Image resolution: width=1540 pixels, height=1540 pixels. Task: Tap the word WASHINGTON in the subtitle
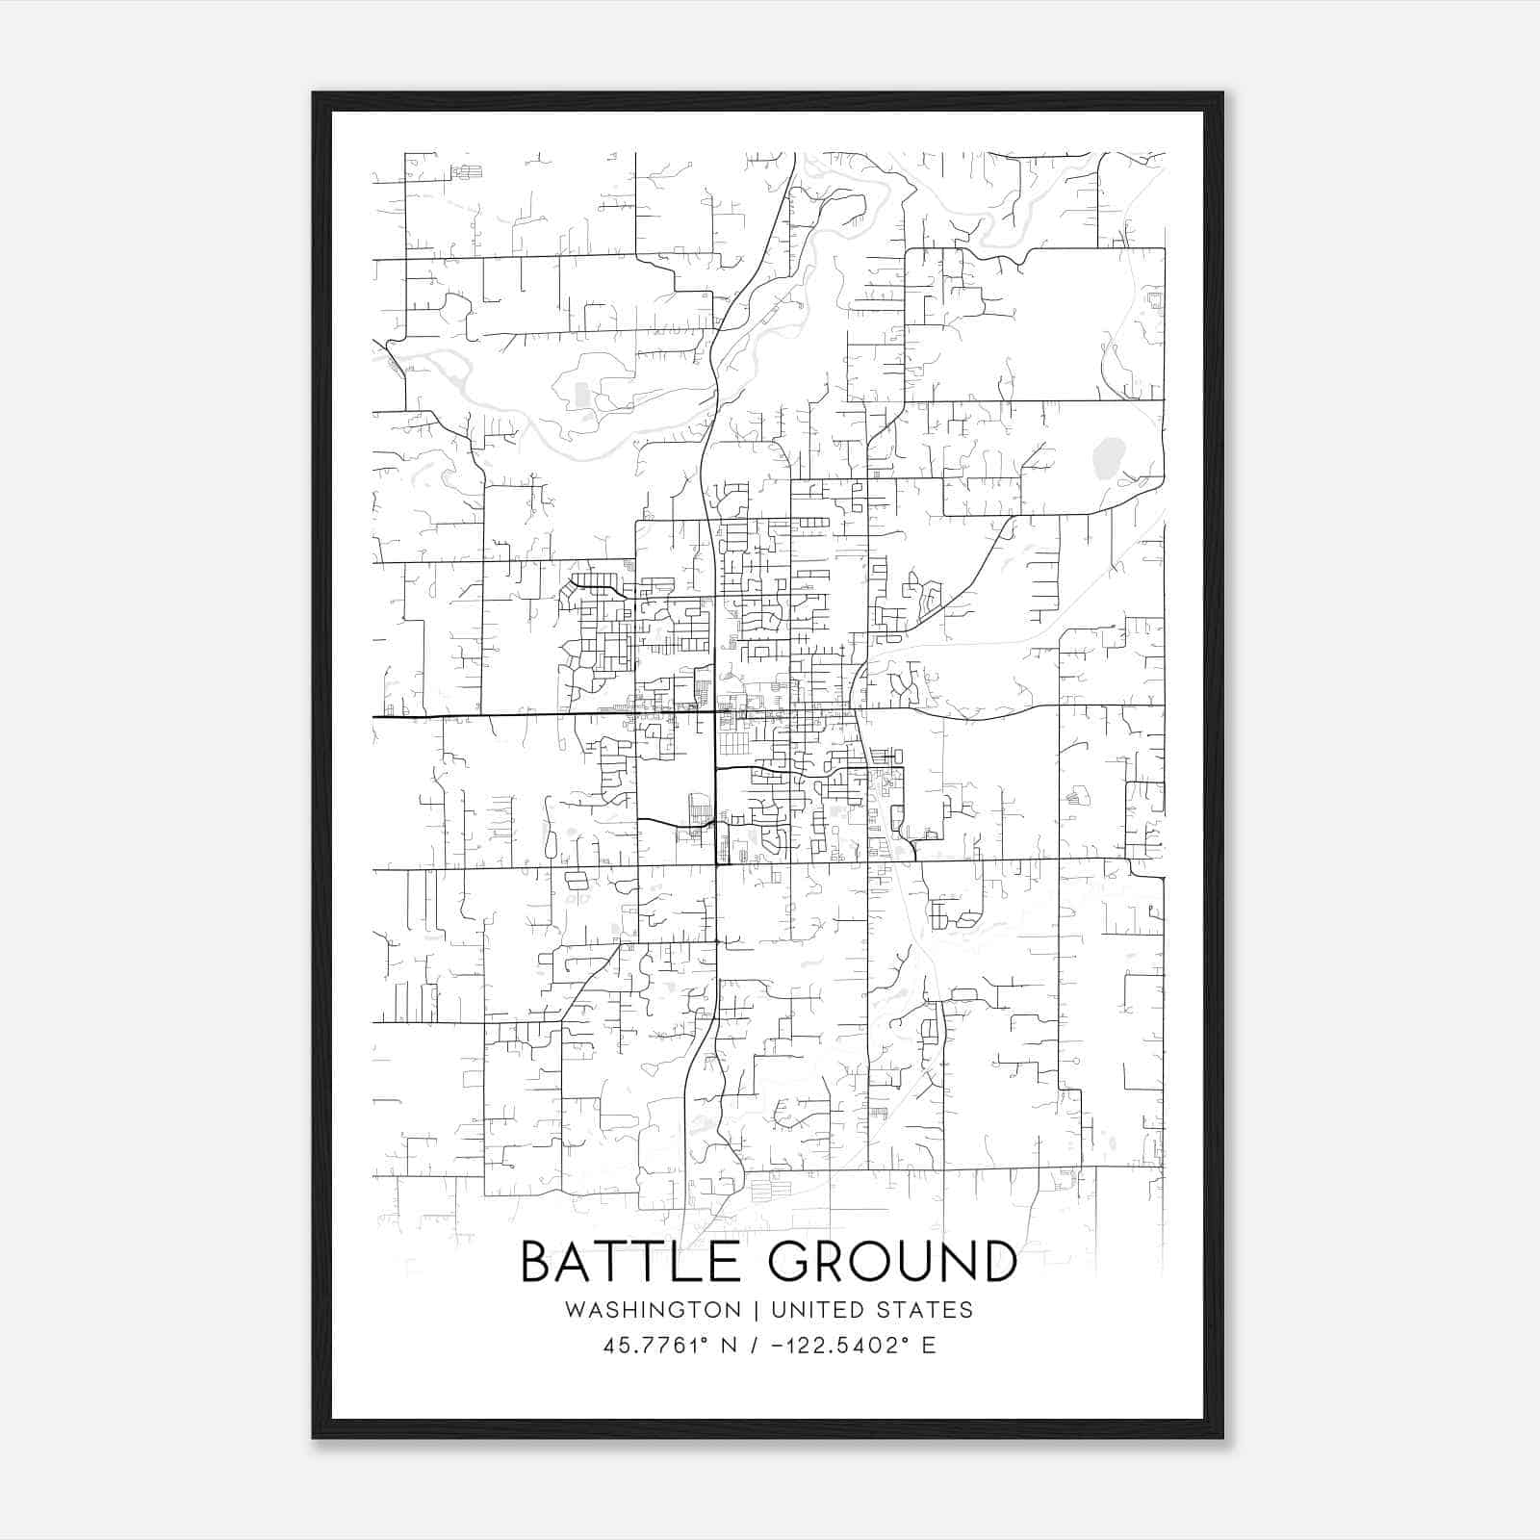click(654, 1310)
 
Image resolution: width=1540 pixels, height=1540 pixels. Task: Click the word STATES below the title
click(928, 1310)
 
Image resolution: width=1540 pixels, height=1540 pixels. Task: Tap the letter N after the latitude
click(729, 1346)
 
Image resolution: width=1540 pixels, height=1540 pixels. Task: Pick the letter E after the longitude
click(929, 1346)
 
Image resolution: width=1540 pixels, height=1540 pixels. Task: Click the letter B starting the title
click(535, 1262)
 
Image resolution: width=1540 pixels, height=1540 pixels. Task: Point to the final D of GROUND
click(1000, 1262)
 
